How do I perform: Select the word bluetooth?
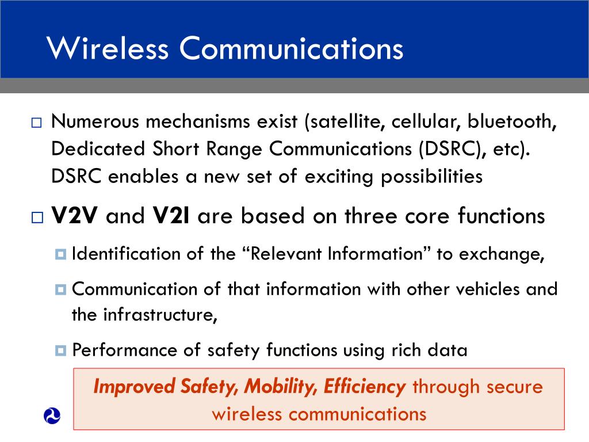point(511,122)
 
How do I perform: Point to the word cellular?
point(419,122)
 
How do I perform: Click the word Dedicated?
point(97,149)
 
